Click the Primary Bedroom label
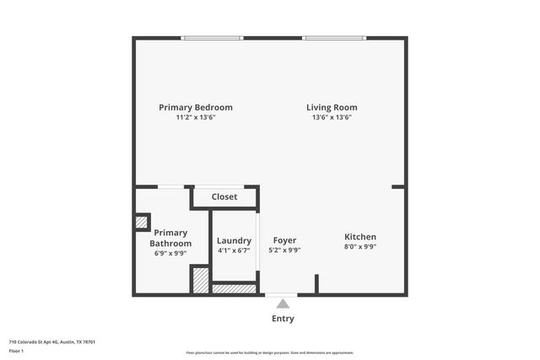196,108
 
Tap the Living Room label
332,108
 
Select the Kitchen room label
360,237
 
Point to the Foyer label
284,240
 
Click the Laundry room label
234,240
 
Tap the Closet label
224,196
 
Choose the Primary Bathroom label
170,238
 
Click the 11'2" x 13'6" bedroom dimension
196,118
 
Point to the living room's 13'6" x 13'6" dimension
332,118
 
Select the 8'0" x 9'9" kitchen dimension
360,247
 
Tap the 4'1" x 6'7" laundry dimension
234,250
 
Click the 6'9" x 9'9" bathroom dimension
170,253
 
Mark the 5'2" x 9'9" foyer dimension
284,250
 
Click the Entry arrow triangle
283,304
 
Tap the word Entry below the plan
283,319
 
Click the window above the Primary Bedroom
213,38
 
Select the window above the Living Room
334,38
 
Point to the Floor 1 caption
16,350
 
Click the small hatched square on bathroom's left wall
142,223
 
